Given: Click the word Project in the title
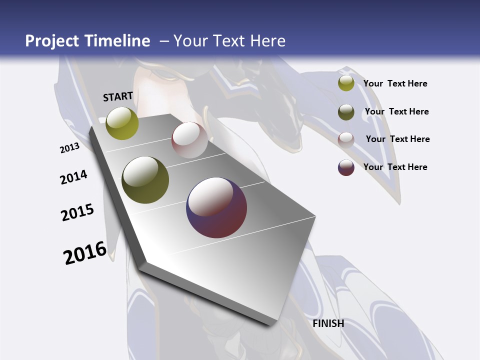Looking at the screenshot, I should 52,41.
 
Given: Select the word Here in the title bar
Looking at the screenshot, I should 265,41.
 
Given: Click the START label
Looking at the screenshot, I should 118,96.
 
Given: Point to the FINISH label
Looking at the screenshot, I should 328,323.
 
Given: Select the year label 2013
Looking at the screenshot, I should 69,148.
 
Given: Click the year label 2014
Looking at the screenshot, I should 73,177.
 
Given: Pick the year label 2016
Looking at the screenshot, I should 85,253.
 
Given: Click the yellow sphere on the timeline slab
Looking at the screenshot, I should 122,123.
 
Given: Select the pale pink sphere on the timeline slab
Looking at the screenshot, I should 189,140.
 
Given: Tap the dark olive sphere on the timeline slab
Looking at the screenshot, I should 145,180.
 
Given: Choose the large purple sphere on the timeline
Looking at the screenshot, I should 216,207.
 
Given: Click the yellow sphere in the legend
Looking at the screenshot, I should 346,83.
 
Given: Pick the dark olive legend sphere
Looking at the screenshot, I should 346,112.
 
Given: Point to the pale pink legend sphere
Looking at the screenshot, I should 346,139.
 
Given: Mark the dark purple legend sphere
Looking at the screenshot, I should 346,167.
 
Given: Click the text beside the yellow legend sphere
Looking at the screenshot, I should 395,83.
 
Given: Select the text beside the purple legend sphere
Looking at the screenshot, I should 395,167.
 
